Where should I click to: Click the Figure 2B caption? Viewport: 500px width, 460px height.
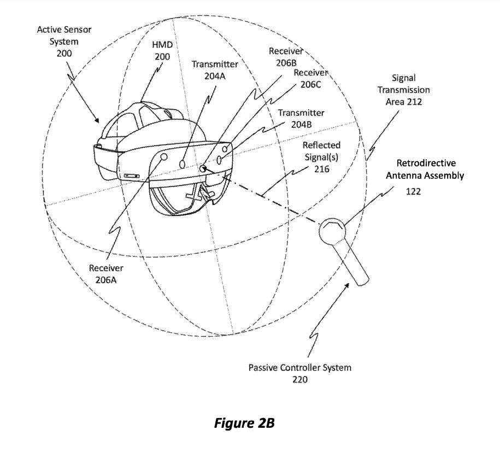pos(244,423)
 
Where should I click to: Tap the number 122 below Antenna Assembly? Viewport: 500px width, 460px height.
pos(413,192)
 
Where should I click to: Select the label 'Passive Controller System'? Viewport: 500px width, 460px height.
pos(300,368)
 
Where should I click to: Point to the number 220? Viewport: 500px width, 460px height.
pos(300,379)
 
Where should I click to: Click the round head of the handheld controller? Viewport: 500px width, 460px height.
pos(332,230)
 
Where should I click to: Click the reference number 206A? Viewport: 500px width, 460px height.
pos(106,280)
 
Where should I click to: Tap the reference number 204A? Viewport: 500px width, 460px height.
pos(215,76)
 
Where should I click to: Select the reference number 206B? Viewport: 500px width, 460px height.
pos(286,63)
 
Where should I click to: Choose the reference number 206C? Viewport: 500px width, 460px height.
pos(310,85)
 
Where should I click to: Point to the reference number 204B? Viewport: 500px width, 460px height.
pos(301,124)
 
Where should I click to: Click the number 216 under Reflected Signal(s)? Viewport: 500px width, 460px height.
pos(322,169)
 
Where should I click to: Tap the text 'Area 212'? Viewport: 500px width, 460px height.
pos(404,102)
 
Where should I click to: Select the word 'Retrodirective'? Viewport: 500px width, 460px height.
pos(426,163)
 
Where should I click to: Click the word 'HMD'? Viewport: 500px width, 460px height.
pos(162,45)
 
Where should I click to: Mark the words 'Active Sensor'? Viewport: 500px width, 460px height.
pos(64,29)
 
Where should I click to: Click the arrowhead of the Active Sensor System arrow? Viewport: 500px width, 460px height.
pos(97,120)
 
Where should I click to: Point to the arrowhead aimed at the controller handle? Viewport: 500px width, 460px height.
pos(346,285)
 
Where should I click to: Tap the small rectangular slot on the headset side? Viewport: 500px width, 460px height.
pos(132,176)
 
